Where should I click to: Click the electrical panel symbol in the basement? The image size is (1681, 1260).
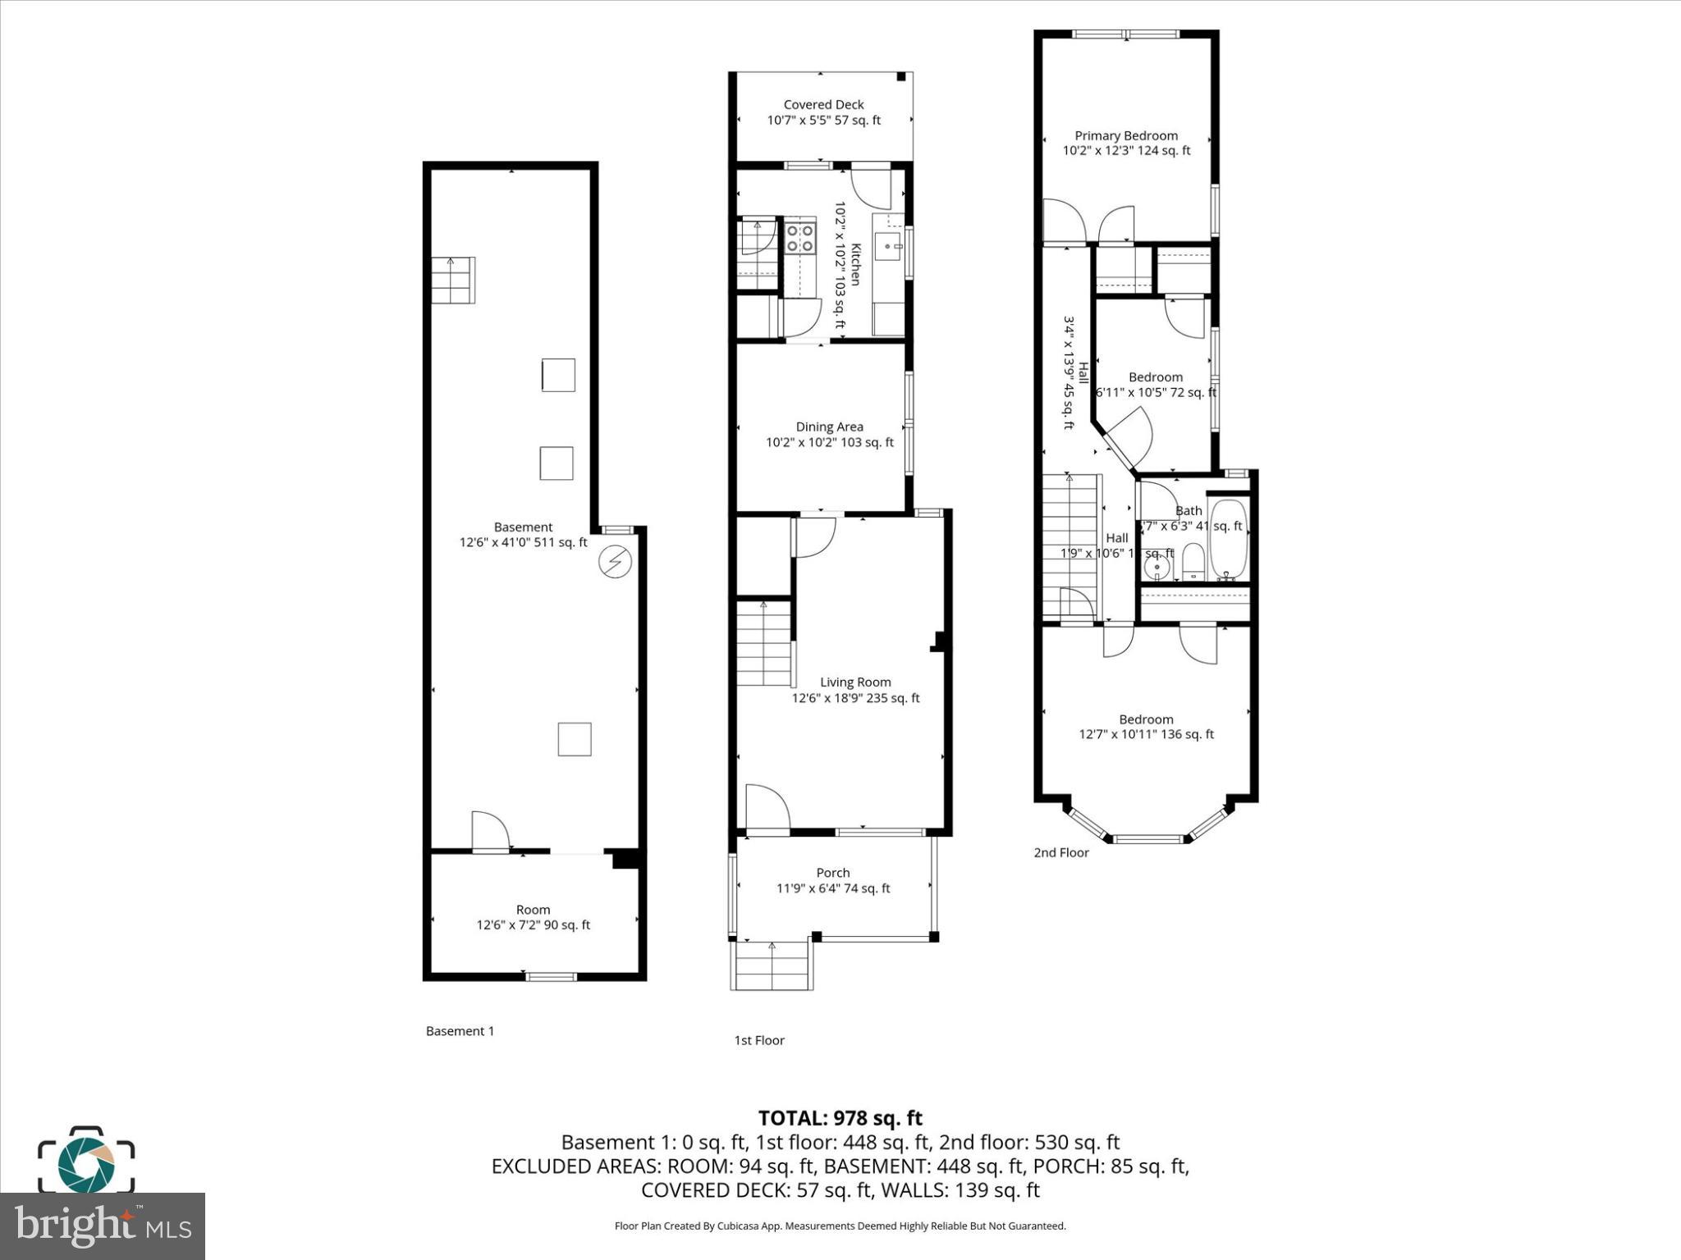(614, 562)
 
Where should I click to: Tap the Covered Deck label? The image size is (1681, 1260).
(823, 104)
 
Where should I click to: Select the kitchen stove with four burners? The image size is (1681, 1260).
(800, 237)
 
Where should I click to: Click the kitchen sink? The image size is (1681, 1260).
(888, 244)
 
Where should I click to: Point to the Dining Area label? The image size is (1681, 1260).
(829, 427)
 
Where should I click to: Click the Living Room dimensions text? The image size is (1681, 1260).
(855, 698)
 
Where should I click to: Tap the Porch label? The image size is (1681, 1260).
(832, 873)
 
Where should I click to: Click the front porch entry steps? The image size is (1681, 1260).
(772, 966)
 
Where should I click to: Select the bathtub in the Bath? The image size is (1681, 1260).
(1228, 541)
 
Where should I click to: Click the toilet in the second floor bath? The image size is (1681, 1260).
(1193, 562)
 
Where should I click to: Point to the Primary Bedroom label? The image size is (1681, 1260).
(1126, 135)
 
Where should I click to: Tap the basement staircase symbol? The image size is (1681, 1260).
(453, 280)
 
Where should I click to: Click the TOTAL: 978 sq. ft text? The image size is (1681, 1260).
(840, 1118)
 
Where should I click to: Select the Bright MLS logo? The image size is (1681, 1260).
(103, 1226)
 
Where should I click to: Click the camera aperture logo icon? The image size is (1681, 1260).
(86, 1161)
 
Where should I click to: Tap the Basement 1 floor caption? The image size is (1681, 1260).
(460, 1031)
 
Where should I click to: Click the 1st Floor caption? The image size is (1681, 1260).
(759, 1040)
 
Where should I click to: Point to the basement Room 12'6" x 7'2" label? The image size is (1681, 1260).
(533, 917)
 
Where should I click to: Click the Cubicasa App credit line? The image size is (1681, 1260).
(840, 1226)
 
